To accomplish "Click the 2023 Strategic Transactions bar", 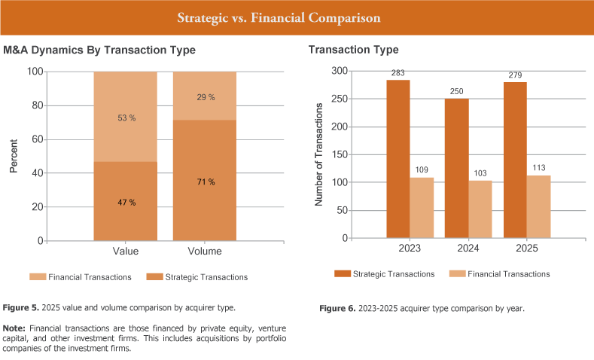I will click(398, 159).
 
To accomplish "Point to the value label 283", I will click(398, 73).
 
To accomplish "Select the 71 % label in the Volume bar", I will click(205, 182).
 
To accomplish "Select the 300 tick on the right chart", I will click(339, 71).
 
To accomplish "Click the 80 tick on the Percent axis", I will click(36, 105).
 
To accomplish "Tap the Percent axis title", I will click(14, 156).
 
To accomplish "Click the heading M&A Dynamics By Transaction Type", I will click(99, 50).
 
